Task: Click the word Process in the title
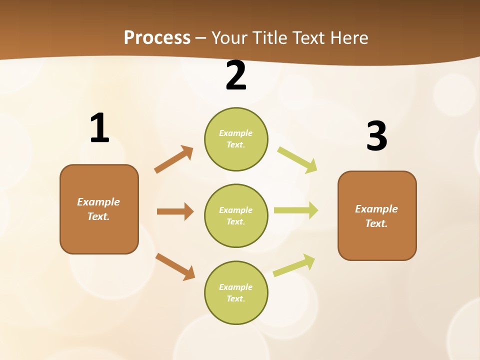[x=157, y=37]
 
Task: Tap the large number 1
[x=99, y=128]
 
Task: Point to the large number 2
[x=236, y=75]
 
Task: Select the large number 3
[x=376, y=136]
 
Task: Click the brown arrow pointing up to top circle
[x=174, y=159]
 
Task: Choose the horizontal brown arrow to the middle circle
[x=175, y=211]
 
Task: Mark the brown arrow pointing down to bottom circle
[x=175, y=266]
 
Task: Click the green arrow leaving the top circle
[x=297, y=159]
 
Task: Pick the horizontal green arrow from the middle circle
[x=296, y=210]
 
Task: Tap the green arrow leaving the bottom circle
[x=294, y=265]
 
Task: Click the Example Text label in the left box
[x=98, y=209]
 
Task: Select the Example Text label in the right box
[x=376, y=216]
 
